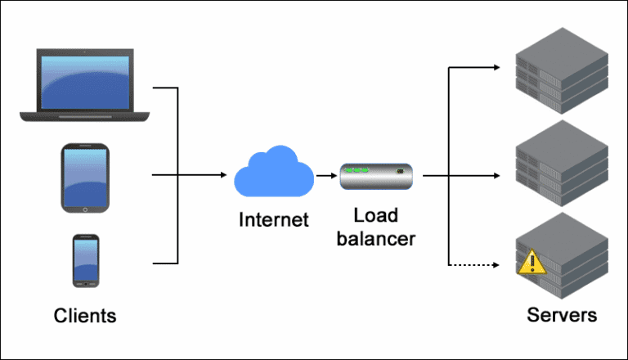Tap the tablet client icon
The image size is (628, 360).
pos(84,178)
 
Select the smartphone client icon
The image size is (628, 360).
pos(86,261)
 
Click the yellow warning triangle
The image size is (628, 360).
pos(530,263)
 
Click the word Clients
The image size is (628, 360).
pos(85,316)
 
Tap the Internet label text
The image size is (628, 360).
pos(274,219)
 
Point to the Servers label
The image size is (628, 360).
pos(562,316)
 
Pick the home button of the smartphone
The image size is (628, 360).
pos(86,282)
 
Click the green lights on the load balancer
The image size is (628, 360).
pos(358,170)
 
